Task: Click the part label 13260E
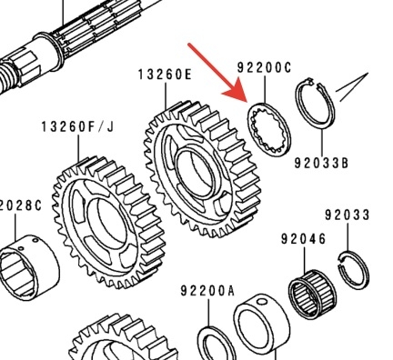tap(166, 75)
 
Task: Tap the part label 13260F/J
tap(77, 127)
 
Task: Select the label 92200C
tap(264, 67)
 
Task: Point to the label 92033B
tap(321, 164)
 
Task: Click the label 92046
tap(303, 239)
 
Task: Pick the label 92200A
tap(207, 291)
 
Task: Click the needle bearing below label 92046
tap(312, 295)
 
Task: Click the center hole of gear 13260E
tap(195, 171)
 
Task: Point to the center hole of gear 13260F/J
tap(106, 221)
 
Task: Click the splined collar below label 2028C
tap(29, 266)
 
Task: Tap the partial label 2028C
tap(21, 205)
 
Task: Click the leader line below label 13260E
tap(166, 96)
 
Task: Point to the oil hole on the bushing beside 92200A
tap(261, 302)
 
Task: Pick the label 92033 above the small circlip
tap(348, 215)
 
